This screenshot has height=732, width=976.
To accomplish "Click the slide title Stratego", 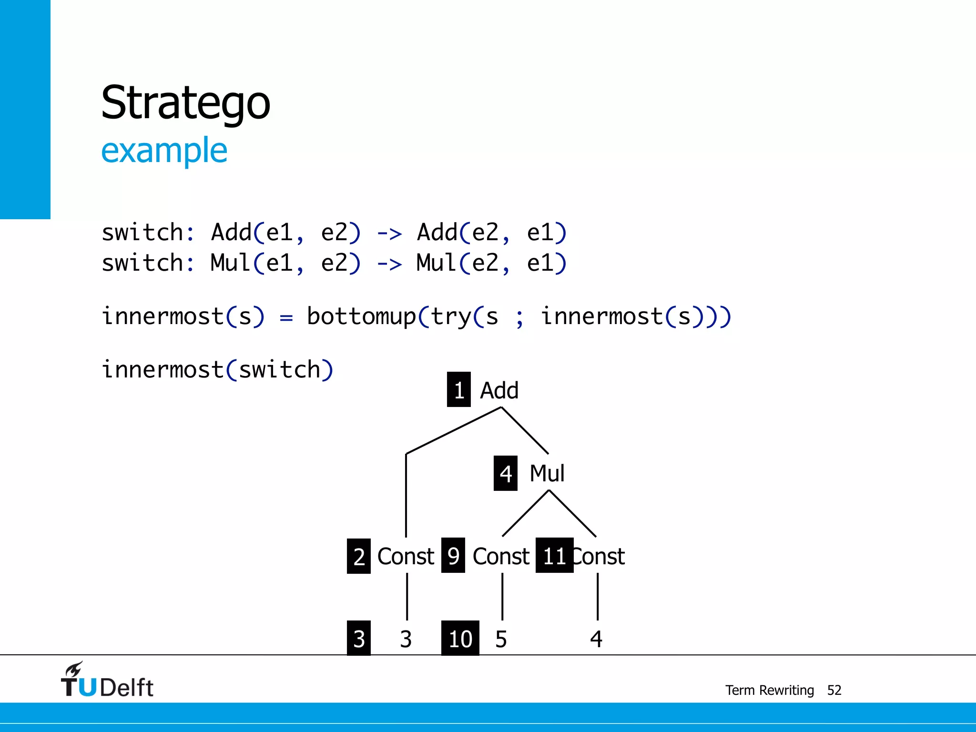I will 185,103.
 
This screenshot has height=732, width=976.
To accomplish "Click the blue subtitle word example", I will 164,151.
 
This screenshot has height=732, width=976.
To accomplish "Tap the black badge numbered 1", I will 458,390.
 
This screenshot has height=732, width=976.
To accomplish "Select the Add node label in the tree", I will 499,390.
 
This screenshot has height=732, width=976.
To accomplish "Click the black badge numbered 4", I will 505,473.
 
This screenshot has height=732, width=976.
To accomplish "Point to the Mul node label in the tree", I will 547,473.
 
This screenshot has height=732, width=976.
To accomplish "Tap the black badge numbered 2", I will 359,556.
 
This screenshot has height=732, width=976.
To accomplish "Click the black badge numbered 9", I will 453,555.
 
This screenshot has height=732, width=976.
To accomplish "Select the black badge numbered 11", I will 554,555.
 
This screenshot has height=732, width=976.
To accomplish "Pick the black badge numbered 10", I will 460,638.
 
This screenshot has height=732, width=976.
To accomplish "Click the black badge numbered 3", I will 359,638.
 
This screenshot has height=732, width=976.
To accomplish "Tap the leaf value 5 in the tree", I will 501,639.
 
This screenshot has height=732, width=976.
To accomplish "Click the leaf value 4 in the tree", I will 596,639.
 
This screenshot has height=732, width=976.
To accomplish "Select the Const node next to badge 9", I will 501,556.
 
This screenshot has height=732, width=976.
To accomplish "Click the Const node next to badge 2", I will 406,556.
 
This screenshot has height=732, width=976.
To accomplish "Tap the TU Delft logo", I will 107,681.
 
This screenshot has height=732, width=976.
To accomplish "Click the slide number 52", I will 834,690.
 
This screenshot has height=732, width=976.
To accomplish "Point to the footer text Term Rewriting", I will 769,690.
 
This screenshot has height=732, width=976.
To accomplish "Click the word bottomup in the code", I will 362,316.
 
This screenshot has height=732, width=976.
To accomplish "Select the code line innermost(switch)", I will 217,370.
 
